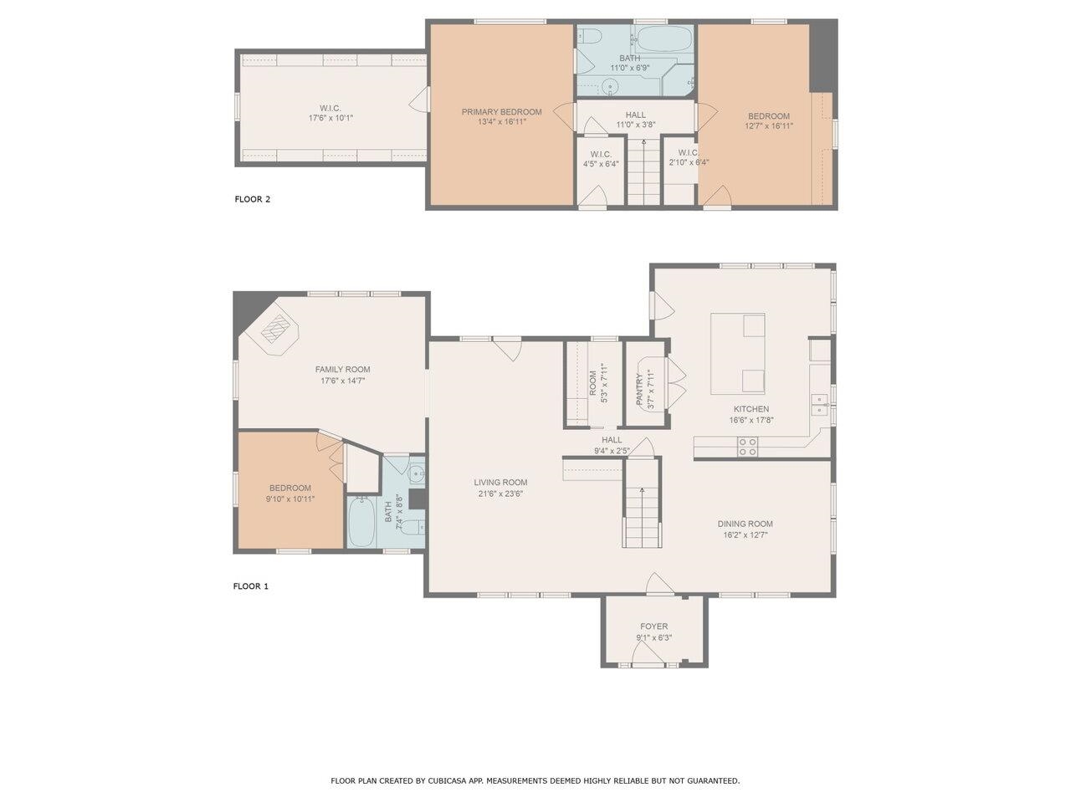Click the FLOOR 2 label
pos(252,199)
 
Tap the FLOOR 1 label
pos(251,586)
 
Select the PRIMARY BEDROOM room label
pos(501,112)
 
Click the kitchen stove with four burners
pos(747,447)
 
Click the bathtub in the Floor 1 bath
pos(361,522)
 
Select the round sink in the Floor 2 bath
pos(609,88)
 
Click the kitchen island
pos(737,354)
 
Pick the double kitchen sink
pos(819,405)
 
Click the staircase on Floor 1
pos(642,516)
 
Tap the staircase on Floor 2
pos(643,171)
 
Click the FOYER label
pos(653,627)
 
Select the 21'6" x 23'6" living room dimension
pos(500,494)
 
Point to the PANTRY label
pos(640,390)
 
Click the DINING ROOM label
pos(745,524)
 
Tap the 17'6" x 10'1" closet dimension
pos(331,118)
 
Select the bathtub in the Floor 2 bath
pos(664,39)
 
